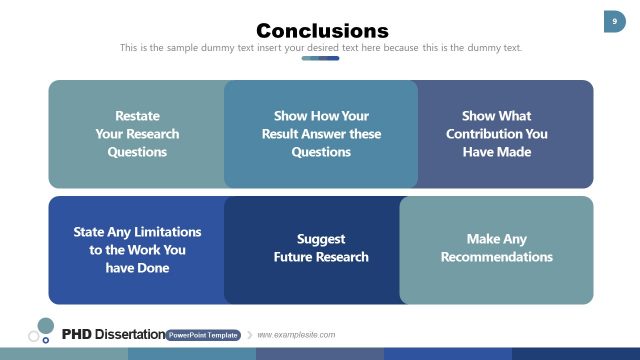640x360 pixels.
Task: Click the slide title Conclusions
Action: coord(321,30)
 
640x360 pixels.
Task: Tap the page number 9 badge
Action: coord(613,21)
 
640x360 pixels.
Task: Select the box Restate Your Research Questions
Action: coord(137,134)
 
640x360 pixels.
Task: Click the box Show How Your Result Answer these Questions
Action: coord(321,134)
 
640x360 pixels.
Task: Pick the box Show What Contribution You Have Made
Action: coord(497,134)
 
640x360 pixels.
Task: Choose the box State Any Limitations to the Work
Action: coord(137,250)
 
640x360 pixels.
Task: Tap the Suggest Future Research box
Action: coord(321,249)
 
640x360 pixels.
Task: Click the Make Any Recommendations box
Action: coord(497,249)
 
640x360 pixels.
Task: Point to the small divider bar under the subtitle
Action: coord(321,58)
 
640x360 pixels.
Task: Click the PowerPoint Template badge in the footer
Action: coord(203,335)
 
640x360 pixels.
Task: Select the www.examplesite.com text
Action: coord(296,335)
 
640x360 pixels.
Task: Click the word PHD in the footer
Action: coord(76,334)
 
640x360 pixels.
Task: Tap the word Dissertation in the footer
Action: coord(127,334)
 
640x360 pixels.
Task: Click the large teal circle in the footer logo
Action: coord(45,325)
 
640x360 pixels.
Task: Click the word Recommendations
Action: coord(497,257)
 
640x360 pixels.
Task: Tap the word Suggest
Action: coord(321,239)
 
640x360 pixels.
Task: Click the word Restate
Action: coord(137,116)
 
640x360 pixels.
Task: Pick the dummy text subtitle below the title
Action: coord(321,47)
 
